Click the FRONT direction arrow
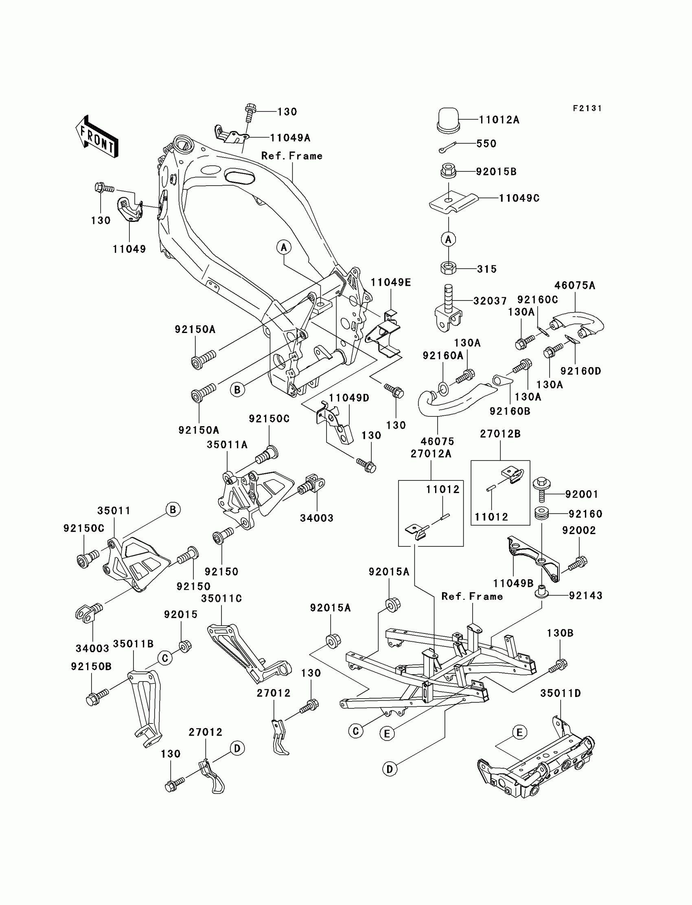(97, 136)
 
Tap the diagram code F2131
(587, 108)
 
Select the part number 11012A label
(499, 120)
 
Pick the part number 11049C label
(519, 198)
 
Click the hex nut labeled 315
(448, 268)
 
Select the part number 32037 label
(490, 301)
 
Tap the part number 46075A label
(575, 285)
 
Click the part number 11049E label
(390, 283)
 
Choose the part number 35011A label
(227, 445)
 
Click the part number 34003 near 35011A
(316, 518)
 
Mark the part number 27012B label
(500, 434)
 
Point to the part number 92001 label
(582, 494)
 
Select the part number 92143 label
(585, 596)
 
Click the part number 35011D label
(560, 694)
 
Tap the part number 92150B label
(91, 666)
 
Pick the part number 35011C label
(221, 598)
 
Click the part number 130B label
(560, 633)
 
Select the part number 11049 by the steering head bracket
(129, 249)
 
